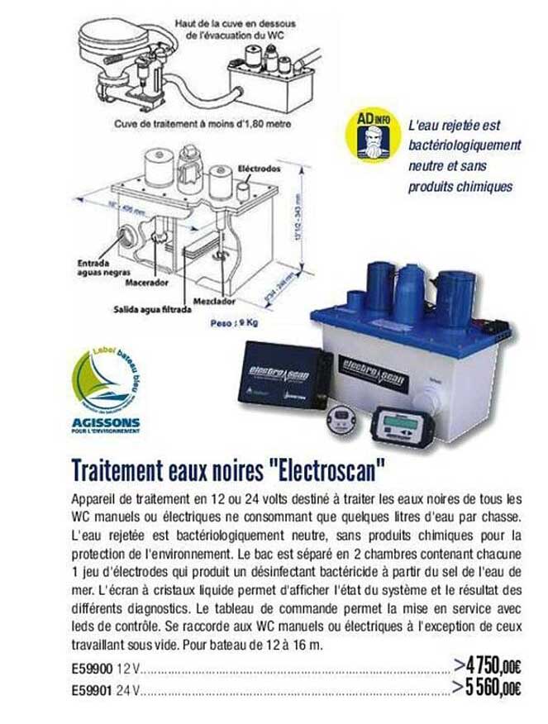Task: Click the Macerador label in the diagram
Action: click(146, 283)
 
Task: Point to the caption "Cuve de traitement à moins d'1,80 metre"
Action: click(203, 125)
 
